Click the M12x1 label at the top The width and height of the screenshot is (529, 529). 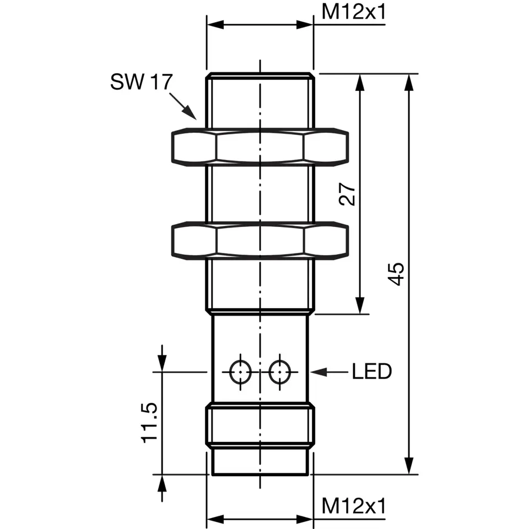click(353, 12)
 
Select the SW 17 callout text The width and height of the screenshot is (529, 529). click(141, 82)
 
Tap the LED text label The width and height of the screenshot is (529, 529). click(371, 372)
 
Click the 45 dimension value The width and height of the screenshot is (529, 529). click(396, 274)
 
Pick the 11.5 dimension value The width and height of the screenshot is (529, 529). click(150, 422)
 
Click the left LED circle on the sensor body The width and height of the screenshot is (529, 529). click(240, 372)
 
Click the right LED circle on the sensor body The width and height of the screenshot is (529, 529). click(280, 372)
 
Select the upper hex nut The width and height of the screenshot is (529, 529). click(260, 147)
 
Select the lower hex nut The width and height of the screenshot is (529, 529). click(260, 240)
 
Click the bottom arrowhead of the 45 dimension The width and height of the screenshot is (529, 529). click(408, 466)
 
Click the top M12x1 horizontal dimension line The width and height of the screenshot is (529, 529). click(260, 25)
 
